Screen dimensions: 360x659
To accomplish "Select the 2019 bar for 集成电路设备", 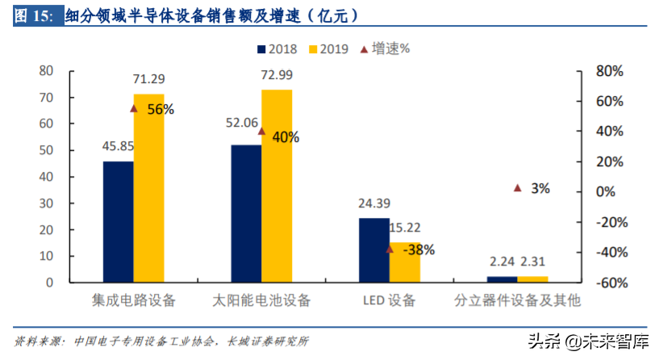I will pos(148,187).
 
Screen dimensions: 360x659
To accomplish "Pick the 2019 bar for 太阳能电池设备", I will pos(277,186).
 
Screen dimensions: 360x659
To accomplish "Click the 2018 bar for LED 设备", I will pos(373,249).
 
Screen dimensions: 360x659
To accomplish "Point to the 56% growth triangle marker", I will pos(134,108).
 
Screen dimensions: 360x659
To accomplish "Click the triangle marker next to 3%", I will pos(518,188).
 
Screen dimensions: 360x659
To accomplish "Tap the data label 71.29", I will pos(149,79).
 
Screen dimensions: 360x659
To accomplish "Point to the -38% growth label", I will pos(418,249).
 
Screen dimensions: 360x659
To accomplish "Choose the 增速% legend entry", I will pos(384,48).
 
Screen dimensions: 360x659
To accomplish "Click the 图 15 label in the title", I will pos(33,15).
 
